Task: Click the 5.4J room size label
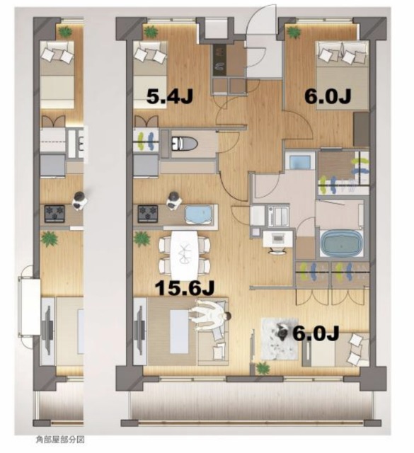point(169,96)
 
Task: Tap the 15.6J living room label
point(185,288)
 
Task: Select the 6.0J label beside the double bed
point(328,96)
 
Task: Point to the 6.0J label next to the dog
point(316,334)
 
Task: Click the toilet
point(184,143)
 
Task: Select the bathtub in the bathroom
point(342,243)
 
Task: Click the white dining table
point(184,251)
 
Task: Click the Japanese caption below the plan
point(60,440)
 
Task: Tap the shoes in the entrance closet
point(220,59)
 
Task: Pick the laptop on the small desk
point(278,239)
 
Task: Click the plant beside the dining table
point(142,239)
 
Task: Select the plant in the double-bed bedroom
point(294,32)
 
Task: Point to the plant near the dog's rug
point(263,368)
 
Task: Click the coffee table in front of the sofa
point(179,332)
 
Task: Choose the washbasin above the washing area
point(301,161)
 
